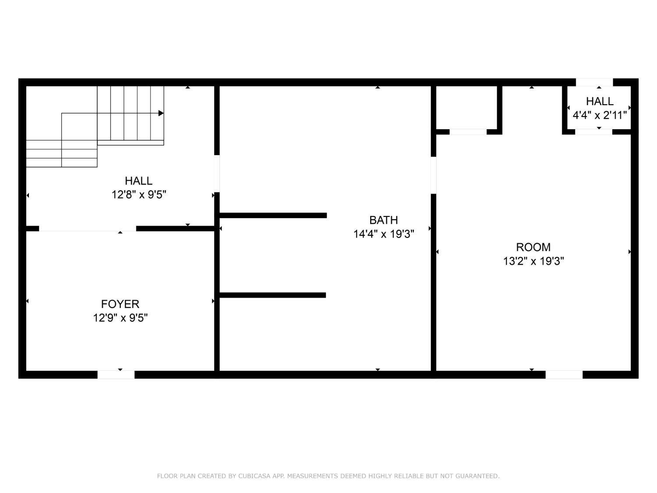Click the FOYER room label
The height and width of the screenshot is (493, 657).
tap(120, 304)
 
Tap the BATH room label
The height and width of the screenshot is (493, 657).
tap(383, 220)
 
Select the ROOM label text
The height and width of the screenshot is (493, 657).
tap(533, 247)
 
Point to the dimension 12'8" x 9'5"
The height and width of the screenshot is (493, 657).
tap(139, 195)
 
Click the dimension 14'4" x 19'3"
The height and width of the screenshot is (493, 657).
tap(384, 234)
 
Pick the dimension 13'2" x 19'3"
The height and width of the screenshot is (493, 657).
tap(533, 261)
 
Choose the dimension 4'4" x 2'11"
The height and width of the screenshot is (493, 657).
tap(600, 115)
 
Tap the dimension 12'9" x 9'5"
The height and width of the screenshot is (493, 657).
tap(120, 318)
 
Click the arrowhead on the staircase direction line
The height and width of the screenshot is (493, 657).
tap(161, 113)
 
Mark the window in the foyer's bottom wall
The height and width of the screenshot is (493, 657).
tap(116, 375)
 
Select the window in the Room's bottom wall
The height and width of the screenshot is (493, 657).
tap(564, 375)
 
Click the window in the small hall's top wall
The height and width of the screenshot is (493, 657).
tap(594, 82)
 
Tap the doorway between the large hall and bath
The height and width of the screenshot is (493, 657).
tap(217, 174)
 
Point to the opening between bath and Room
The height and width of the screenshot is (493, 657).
tap(434, 175)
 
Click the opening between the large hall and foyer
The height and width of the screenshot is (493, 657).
tap(88, 228)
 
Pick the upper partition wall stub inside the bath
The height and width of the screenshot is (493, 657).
tap(273, 215)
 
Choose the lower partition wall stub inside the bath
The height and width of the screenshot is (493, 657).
tap(272, 295)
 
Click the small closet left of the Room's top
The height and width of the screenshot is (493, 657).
tap(466, 107)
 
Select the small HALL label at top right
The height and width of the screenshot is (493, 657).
tap(600, 101)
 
